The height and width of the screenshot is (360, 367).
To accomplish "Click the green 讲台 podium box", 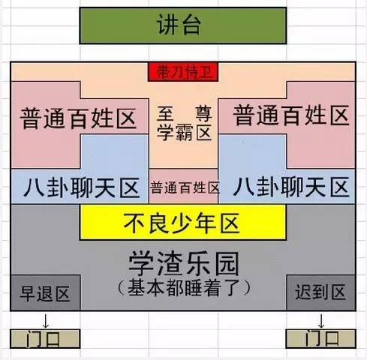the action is pos(183,25).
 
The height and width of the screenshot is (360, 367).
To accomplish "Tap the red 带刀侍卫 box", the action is pos(183,72).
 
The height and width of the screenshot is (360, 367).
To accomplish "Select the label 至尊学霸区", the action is pos(185,123).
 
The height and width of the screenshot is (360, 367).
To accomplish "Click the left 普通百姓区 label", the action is pos(78,118).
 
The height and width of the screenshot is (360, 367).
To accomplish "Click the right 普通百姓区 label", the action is pos(291,115).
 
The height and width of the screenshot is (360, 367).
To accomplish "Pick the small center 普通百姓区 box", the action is pos(184,186).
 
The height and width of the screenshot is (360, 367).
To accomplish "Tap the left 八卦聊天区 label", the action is pos(81,187).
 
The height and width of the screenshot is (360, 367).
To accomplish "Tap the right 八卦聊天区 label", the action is pos(291,187).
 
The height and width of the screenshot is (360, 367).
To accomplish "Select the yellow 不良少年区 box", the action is pos(183,222).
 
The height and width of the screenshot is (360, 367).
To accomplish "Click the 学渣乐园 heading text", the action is pos(184,264).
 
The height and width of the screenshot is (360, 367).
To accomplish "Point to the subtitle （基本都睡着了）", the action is pos(184,288).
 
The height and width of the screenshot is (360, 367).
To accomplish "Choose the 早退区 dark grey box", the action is pos(45,292).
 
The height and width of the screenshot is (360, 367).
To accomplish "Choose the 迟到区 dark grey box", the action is pos(321,292).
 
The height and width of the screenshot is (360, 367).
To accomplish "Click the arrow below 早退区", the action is pos(46,321).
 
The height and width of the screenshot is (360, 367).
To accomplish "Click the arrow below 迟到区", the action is pos(321,321).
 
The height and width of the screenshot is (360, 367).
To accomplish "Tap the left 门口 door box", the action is pos(45,339).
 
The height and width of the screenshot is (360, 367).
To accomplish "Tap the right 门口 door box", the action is pos(321,339).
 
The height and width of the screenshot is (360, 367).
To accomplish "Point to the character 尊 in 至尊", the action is pos(203,114).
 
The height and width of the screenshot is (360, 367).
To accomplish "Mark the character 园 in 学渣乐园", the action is pos(227,264).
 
